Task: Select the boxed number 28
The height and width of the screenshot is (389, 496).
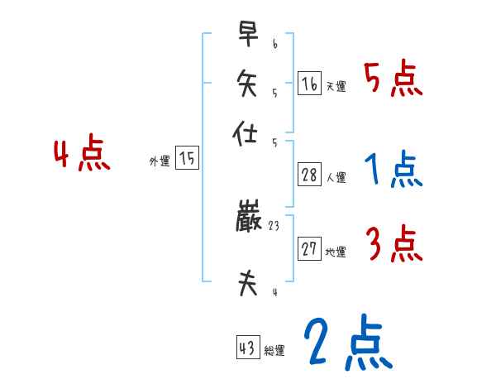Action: [310, 175]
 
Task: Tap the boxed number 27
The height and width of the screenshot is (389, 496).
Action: [310, 249]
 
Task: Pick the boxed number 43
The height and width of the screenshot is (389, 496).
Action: [248, 348]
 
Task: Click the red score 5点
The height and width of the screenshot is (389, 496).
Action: [393, 80]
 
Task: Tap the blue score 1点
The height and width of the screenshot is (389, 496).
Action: [393, 170]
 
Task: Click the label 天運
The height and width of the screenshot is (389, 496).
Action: [336, 87]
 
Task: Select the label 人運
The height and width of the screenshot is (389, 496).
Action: [336, 177]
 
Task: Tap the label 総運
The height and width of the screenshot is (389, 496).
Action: [274, 351]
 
